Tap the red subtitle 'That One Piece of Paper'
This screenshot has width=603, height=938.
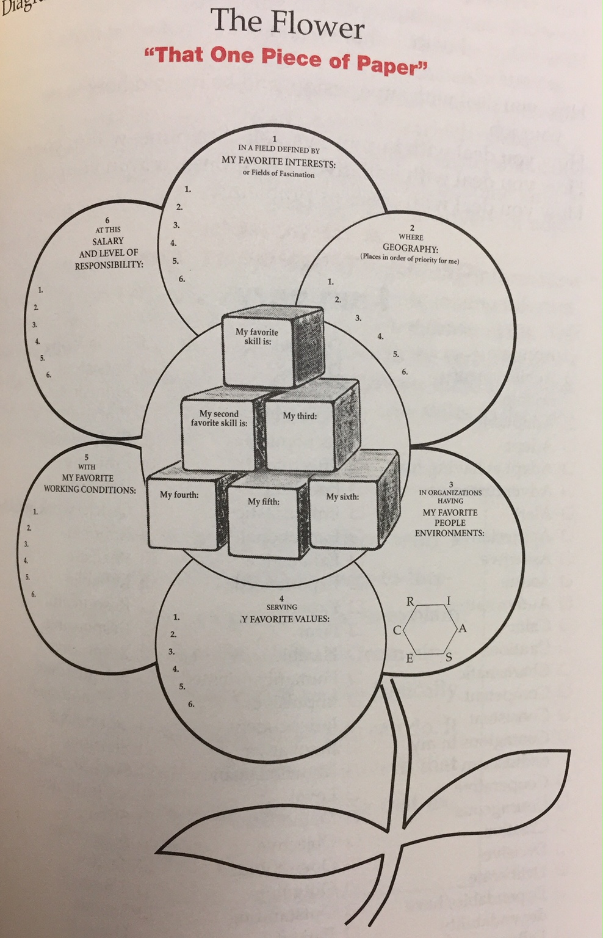pos(284,60)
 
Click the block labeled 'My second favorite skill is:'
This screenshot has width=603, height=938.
pos(219,431)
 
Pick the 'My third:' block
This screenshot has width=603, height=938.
pos(300,427)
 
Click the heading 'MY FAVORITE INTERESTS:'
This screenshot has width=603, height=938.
pos(278,162)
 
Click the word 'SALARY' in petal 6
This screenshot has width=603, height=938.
pos(108,241)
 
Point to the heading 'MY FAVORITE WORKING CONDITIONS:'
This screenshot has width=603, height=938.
pos(90,484)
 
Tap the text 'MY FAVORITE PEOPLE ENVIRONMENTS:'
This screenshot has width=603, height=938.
pos(450,523)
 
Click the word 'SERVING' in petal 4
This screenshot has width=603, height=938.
pos(282,607)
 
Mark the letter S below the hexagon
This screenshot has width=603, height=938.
pos(449,658)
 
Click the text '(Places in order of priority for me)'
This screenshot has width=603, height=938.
pos(410,258)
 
